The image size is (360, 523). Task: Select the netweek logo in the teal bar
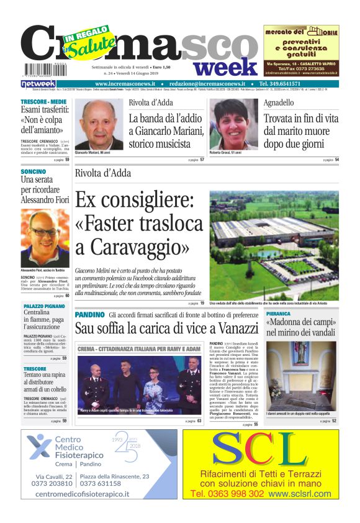[38, 84]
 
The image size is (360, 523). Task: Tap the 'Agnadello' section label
[279, 102]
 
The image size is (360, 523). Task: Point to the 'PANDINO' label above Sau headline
[89, 315]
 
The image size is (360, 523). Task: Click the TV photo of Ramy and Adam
[139, 378]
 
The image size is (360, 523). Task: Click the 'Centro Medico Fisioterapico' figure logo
[39, 447]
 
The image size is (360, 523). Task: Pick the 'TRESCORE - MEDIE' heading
[43, 101]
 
